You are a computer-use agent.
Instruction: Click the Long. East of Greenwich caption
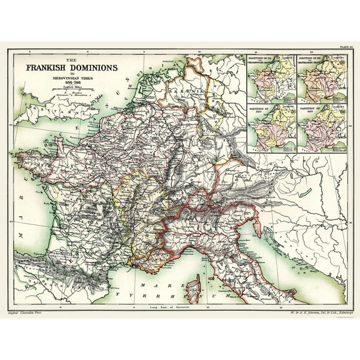click(180, 306)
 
